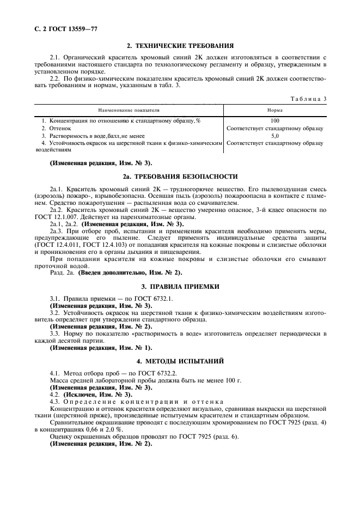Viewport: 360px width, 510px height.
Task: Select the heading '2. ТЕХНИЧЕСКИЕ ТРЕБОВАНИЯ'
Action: coord(180,46)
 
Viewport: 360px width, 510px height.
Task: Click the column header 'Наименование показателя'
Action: coord(129,110)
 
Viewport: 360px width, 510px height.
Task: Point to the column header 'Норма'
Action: coord(275,110)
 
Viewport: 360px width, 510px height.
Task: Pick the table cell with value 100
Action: coord(275,120)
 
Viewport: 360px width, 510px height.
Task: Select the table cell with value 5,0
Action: coord(275,136)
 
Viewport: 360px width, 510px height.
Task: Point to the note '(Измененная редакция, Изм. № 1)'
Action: coord(101,348)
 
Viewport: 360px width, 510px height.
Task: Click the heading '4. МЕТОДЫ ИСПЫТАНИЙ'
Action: coord(180,361)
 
